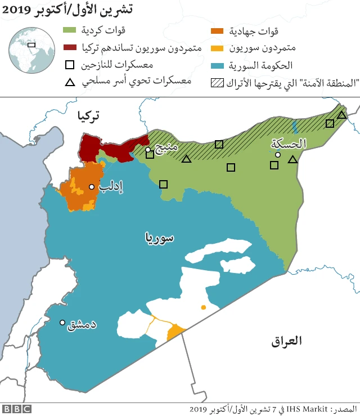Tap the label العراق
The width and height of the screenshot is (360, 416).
pyautogui.click(x=287, y=341)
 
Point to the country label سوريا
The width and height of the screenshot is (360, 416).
pyautogui.click(x=159, y=237)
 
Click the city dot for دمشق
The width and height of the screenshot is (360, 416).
pyautogui.click(x=62, y=323)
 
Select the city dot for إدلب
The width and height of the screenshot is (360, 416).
pyautogui.click(x=91, y=187)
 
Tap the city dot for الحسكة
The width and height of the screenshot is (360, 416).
pyautogui.click(x=277, y=154)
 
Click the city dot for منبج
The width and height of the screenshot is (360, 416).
pyautogui.click(x=148, y=150)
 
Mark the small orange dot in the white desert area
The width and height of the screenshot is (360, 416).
pyautogui.click(x=203, y=307)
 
